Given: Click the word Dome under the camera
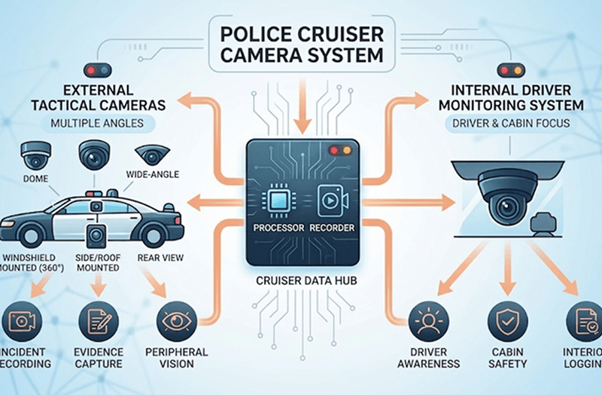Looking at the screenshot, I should pos(35,179).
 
